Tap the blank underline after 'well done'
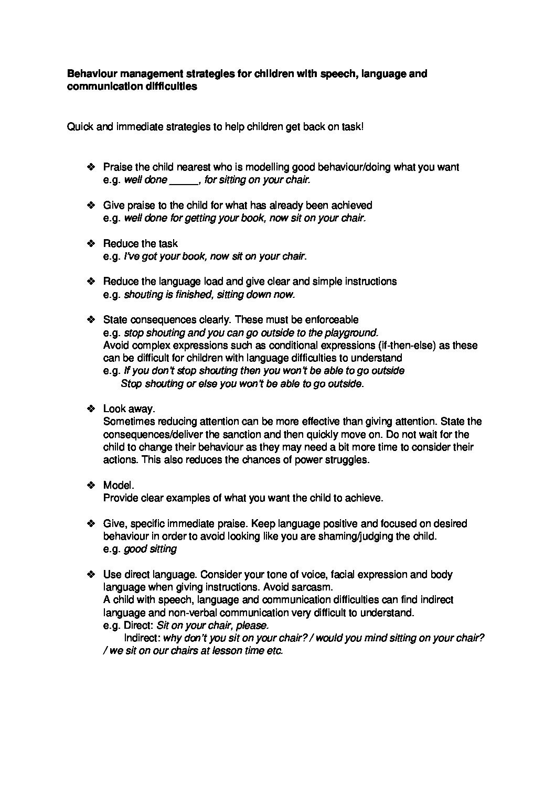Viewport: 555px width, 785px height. point(183,180)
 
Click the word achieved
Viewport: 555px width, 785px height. point(352,205)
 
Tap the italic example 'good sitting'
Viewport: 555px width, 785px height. point(150,549)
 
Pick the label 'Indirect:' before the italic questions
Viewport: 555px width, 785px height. point(142,638)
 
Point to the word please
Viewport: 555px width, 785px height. point(253,626)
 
